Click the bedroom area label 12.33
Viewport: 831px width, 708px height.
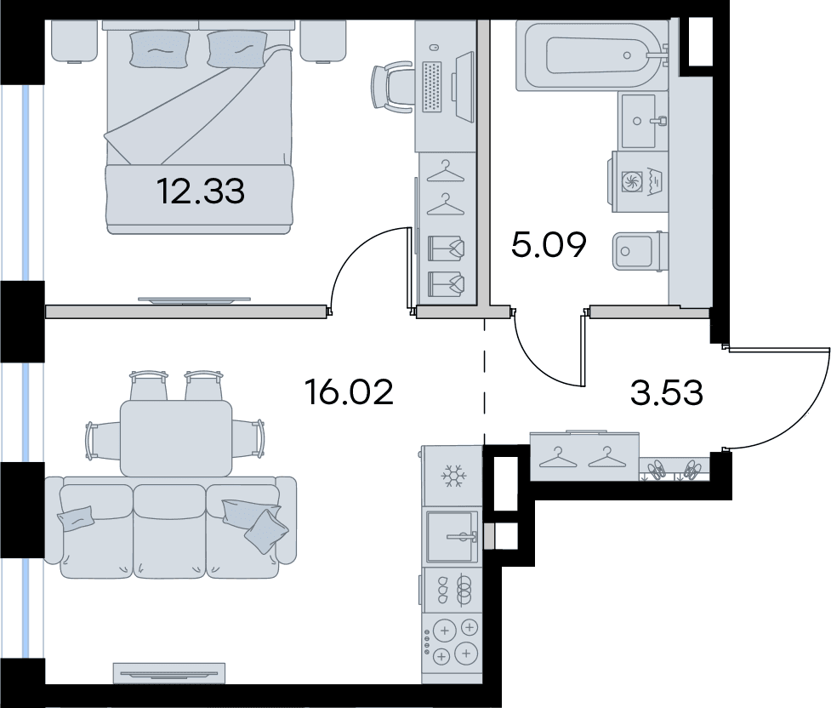201,191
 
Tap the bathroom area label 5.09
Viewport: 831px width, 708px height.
549,245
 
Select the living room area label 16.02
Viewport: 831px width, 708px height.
350,392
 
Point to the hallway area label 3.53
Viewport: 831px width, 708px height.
667,393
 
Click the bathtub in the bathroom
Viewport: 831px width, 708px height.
591,55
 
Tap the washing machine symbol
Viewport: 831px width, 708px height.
639,182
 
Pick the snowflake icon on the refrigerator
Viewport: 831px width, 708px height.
453,477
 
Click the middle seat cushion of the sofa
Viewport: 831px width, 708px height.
169,530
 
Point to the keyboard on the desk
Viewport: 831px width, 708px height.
432,87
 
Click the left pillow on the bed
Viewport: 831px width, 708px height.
159,49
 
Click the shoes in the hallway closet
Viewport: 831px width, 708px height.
673,470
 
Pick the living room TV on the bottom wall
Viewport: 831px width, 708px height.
169,673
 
